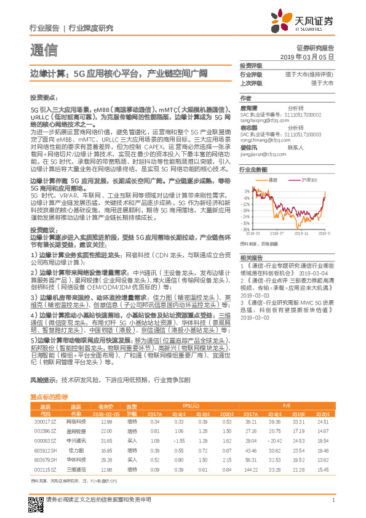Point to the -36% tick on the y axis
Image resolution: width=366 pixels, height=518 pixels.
coord(245,228)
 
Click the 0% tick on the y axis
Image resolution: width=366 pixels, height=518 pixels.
coord(246,190)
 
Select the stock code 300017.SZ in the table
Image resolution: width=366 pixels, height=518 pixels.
coord(45,421)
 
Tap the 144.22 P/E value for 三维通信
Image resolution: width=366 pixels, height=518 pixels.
coord(250,470)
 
